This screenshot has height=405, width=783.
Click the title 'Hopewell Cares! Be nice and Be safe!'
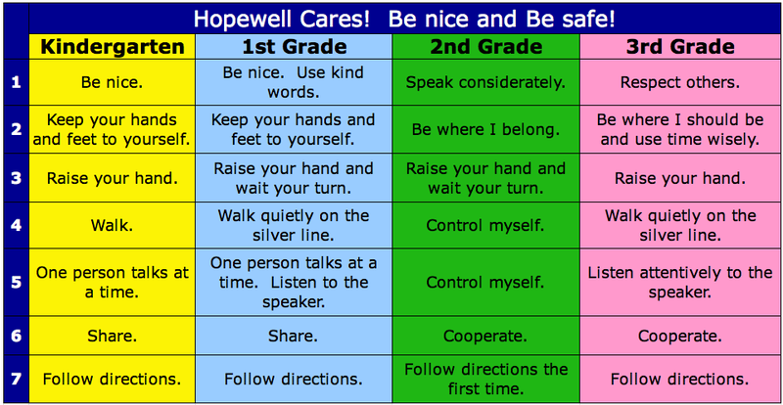pyautogui.click(x=404, y=19)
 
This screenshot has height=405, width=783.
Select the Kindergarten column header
pyautogui.click(x=113, y=46)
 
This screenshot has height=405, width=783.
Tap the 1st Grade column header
pyautogui.click(x=295, y=46)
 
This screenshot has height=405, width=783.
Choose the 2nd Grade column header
pyautogui.click(x=485, y=46)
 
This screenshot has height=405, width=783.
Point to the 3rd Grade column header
pyautogui.click(x=680, y=46)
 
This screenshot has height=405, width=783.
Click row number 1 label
pyautogui.click(x=16, y=82)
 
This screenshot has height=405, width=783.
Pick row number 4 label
pyautogui.click(x=16, y=225)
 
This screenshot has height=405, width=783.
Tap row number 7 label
pyautogui.click(x=16, y=379)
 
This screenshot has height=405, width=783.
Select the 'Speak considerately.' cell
pyautogui.click(x=485, y=82)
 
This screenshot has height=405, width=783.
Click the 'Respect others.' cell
pyautogui.click(x=680, y=82)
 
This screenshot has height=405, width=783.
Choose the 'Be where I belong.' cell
pyautogui.click(x=485, y=129)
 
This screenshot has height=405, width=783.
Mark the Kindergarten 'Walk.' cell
pyautogui.click(x=112, y=225)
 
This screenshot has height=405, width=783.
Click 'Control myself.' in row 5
pyautogui.click(x=485, y=283)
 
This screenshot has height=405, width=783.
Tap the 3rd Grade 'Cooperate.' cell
pyautogui.click(x=680, y=336)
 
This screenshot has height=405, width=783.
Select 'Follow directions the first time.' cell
pyautogui.click(x=485, y=379)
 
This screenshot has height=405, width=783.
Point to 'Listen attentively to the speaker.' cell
pyautogui.click(x=680, y=283)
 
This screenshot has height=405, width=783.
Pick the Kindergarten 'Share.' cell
pyautogui.click(x=112, y=336)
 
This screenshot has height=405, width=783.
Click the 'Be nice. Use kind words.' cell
pyautogui.click(x=294, y=82)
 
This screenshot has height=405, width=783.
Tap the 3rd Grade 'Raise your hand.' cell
pyautogui.click(x=680, y=178)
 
